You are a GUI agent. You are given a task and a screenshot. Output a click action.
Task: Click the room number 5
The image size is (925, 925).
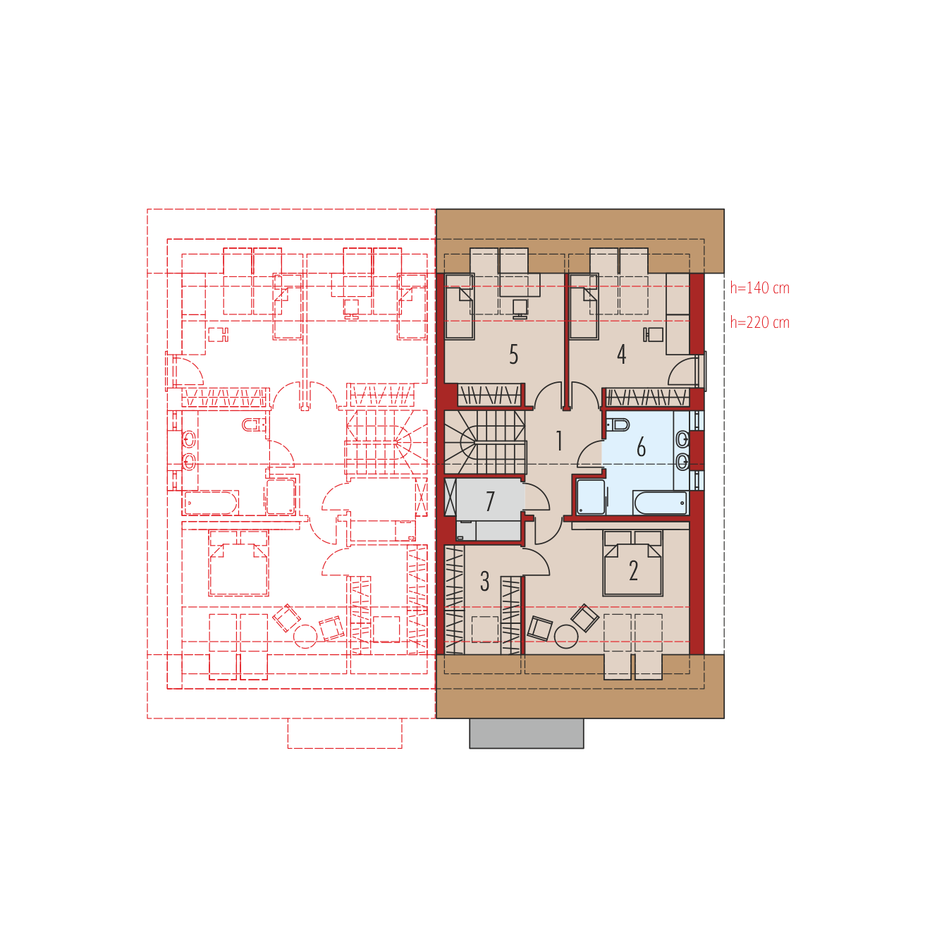(x=513, y=354)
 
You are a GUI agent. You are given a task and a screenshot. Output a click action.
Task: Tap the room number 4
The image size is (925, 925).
(x=621, y=354)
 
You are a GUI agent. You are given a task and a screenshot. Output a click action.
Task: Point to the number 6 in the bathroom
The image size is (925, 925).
(x=641, y=446)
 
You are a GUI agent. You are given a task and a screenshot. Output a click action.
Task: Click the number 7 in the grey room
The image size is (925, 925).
(x=489, y=501)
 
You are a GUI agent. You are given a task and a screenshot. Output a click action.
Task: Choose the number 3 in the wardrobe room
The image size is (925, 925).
(x=484, y=581)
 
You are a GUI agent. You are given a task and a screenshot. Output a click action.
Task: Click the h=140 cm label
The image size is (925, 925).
(x=759, y=288)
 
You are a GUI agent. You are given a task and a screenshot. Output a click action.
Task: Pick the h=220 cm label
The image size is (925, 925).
(x=759, y=323)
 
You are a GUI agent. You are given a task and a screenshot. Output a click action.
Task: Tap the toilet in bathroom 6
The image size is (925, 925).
(x=618, y=425)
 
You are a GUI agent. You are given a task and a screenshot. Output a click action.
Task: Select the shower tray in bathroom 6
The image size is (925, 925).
(x=590, y=497)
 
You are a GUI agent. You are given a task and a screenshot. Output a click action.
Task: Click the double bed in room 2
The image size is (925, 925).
(x=632, y=563)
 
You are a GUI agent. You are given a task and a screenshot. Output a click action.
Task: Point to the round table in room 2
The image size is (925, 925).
(x=566, y=637)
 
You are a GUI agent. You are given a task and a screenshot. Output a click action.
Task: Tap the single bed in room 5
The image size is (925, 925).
(x=460, y=307)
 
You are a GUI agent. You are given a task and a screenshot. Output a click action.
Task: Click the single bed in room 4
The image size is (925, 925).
(x=584, y=307)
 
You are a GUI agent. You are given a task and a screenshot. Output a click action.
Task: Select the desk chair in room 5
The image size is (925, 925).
(x=520, y=309)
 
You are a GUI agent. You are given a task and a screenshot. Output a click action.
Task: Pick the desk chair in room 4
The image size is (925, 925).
(x=654, y=335)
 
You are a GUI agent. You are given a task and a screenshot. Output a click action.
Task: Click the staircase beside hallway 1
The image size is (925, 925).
(x=485, y=442)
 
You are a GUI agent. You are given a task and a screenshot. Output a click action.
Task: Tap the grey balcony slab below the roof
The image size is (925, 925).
(x=526, y=733)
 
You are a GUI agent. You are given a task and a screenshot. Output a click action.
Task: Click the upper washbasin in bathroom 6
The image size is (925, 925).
(x=682, y=439)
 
